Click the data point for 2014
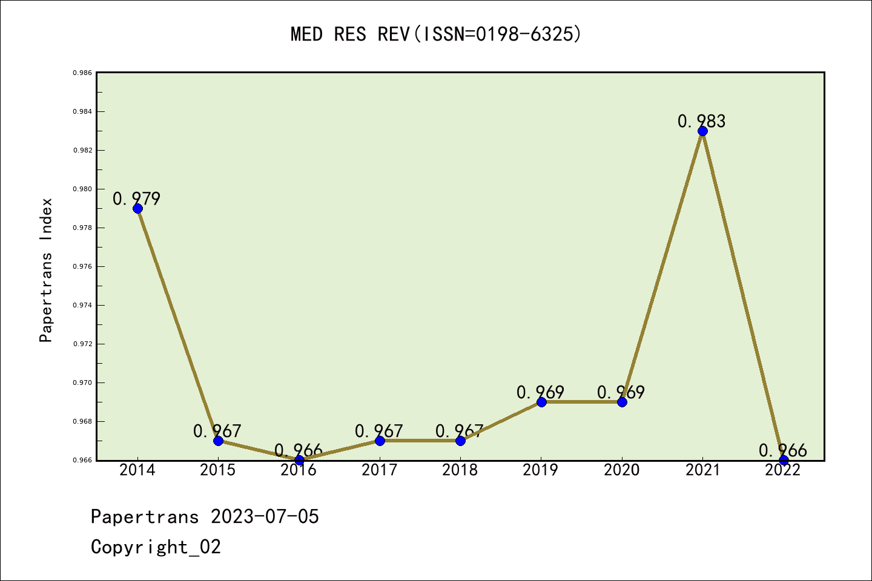137,208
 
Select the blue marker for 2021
702,131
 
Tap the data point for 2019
541,402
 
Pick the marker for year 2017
380,441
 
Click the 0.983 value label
701,121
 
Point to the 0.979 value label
136,199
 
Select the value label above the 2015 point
217,431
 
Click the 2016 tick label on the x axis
299,470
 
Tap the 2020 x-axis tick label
621,470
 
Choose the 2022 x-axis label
783,470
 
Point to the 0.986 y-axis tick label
82,73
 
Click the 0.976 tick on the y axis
82,266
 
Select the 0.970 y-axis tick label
82,382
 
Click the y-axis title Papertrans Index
46,269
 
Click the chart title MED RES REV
436,34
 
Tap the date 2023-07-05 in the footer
265,516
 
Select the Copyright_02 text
156,547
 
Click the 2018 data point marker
460,441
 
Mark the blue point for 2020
622,402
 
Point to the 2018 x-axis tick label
460,470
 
